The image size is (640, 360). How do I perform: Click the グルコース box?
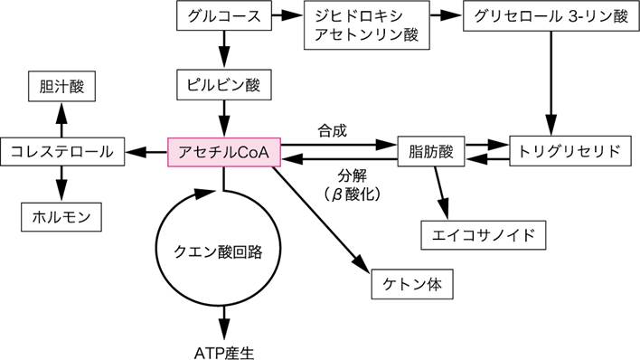click(x=221, y=17)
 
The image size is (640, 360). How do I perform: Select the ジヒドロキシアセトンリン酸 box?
click(x=366, y=26)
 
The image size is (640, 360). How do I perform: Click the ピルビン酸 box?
click(x=221, y=86)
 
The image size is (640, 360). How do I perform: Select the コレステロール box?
click(x=61, y=151)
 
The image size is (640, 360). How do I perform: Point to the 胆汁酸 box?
click(x=61, y=89)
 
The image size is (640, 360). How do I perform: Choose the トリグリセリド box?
click(x=567, y=151)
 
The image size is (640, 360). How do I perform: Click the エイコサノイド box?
click(x=485, y=234)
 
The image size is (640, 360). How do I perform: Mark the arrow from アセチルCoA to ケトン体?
click(x=325, y=218)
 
